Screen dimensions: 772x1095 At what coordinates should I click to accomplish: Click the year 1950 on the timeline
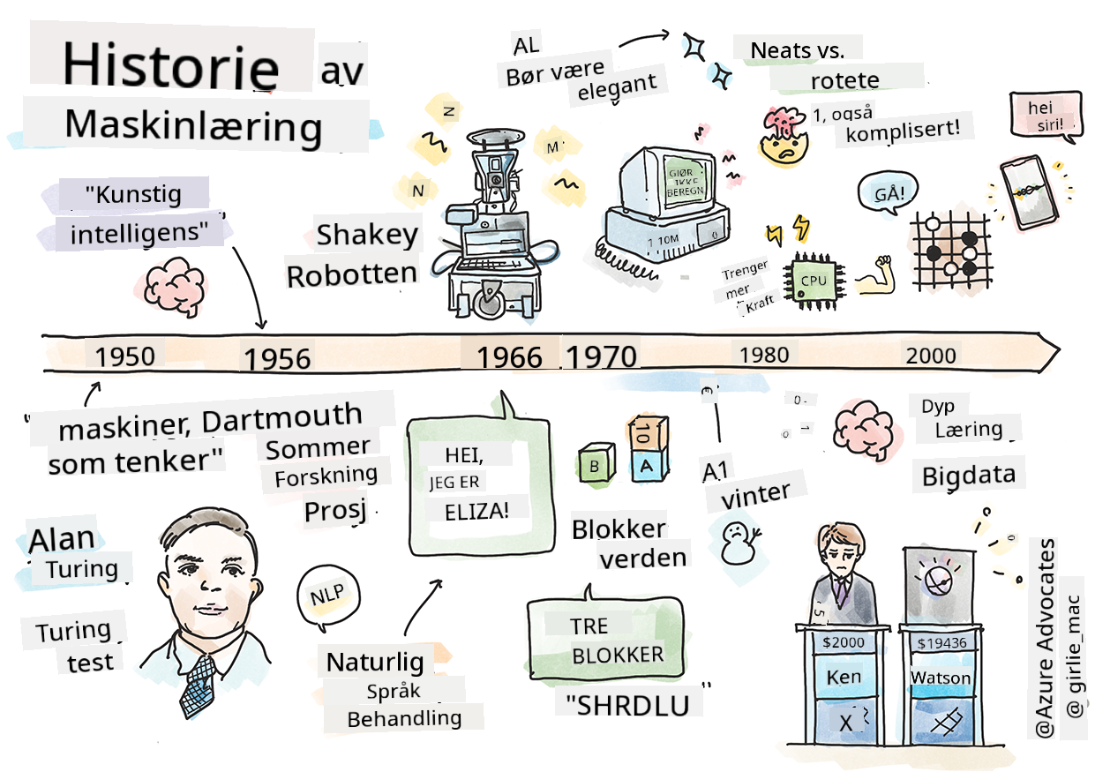coord(124,356)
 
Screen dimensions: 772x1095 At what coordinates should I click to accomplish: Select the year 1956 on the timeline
coord(277,359)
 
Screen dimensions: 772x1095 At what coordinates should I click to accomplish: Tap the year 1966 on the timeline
coord(509,356)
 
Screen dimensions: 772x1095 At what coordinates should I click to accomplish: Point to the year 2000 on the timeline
coord(930,355)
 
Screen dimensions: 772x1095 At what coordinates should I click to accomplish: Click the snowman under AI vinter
coord(736,541)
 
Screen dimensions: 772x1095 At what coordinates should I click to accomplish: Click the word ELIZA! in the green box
coord(470,509)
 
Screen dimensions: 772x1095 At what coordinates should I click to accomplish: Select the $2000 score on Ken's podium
coord(844,642)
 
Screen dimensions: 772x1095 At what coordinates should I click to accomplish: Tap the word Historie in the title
coord(170,65)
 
